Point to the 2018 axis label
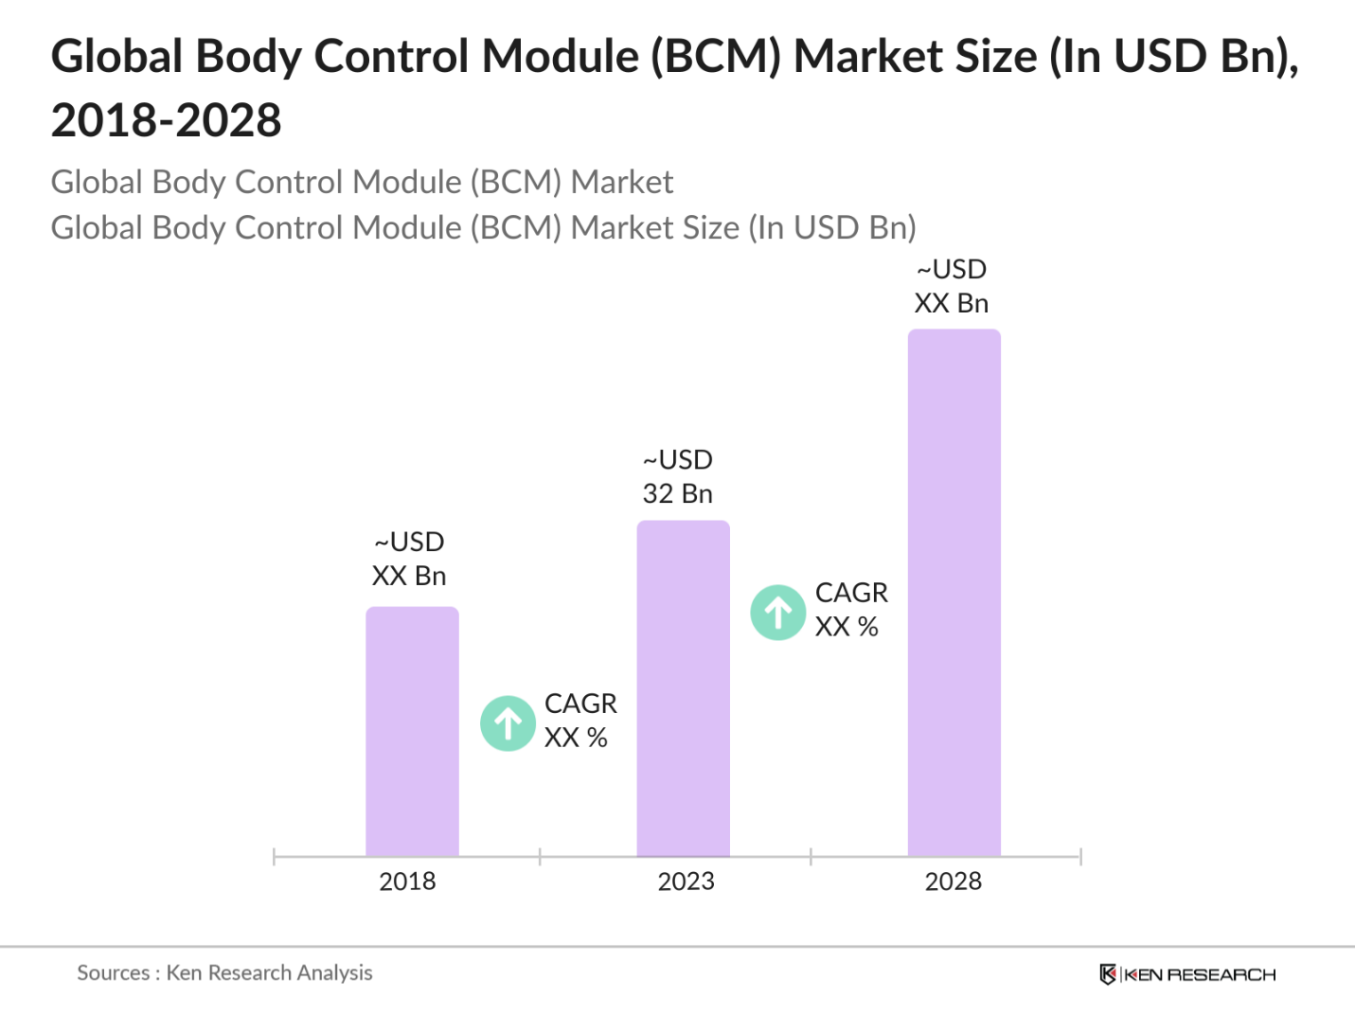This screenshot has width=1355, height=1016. (x=407, y=882)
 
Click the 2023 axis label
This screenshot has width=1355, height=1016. (x=686, y=882)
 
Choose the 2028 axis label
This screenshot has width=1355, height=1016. (x=953, y=882)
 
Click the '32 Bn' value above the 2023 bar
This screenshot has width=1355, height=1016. (x=677, y=493)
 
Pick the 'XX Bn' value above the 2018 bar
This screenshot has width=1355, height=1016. (x=408, y=576)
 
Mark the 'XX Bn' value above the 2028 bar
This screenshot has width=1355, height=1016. (x=951, y=303)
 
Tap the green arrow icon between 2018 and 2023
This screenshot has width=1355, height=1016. (x=508, y=723)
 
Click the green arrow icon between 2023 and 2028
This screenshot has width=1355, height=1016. (x=778, y=613)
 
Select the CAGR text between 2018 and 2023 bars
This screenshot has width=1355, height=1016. (x=579, y=704)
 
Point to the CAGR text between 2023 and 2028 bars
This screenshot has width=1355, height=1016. (x=850, y=593)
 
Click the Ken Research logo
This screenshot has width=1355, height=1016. (x=1187, y=974)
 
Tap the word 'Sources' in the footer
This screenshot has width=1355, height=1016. (x=113, y=972)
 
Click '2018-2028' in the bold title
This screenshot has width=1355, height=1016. (x=166, y=120)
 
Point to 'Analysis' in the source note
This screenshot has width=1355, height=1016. (x=334, y=972)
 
